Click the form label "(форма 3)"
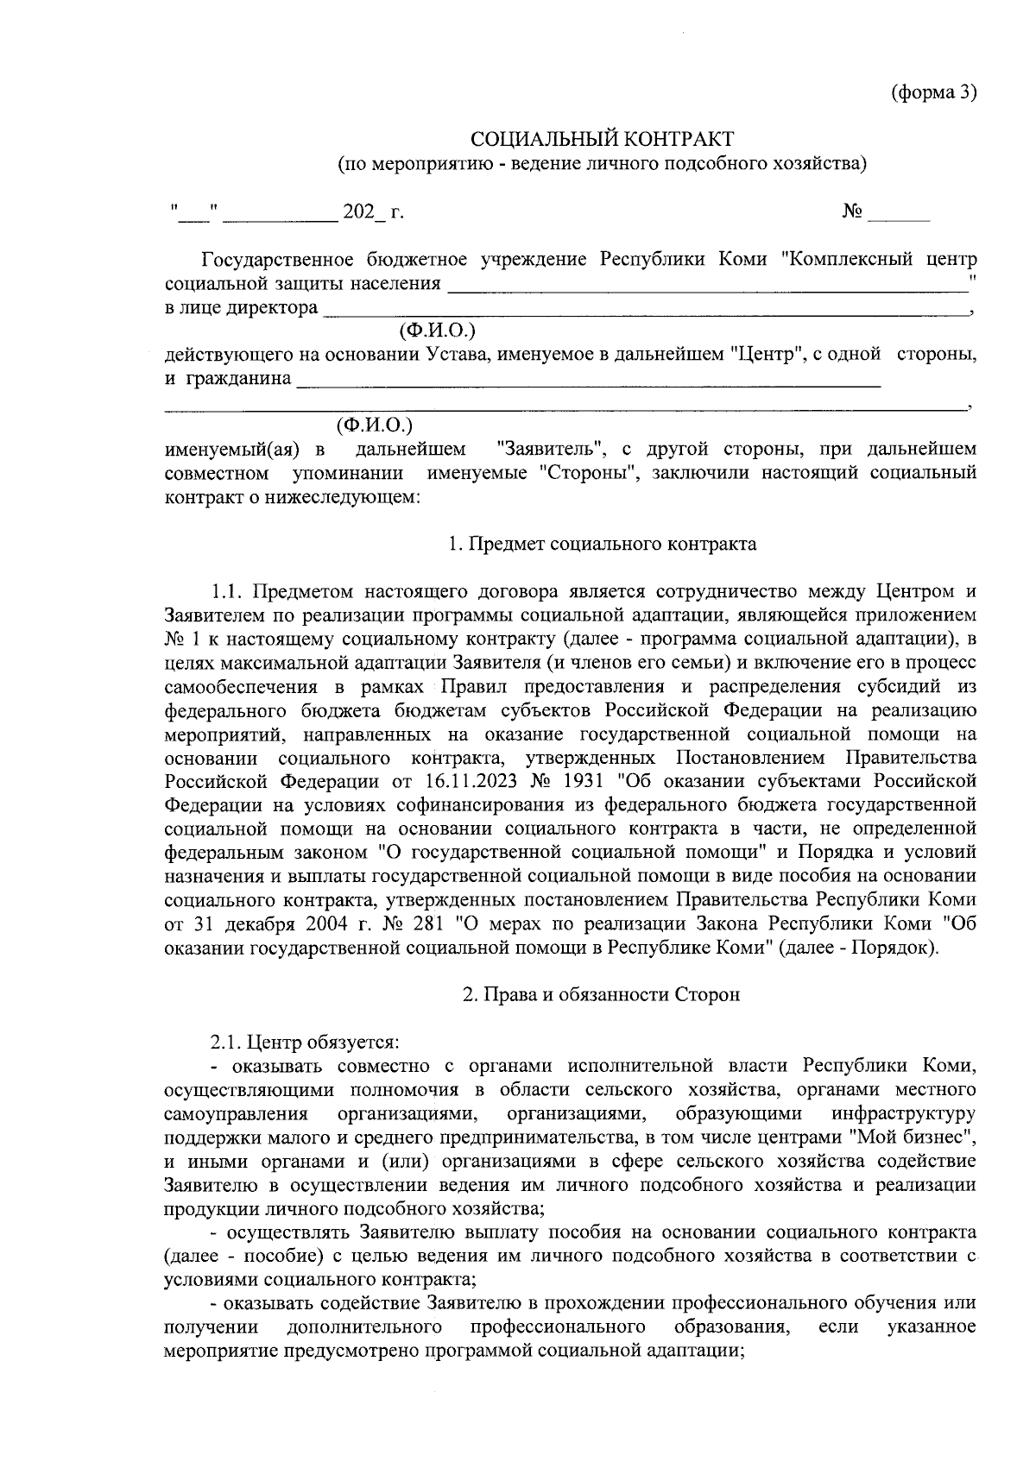click(x=933, y=93)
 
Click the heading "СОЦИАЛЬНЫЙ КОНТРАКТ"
click(x=602, y=139)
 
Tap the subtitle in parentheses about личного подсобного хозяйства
click(x=602, y=162)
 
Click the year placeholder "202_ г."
click(x=373, y=212)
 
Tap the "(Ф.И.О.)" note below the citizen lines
click(x=375, y=425)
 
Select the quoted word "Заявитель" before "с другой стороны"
click(x=550, y=450)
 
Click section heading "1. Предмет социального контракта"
click(x=602, y=545)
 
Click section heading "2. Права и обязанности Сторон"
click(x=602, y=994)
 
